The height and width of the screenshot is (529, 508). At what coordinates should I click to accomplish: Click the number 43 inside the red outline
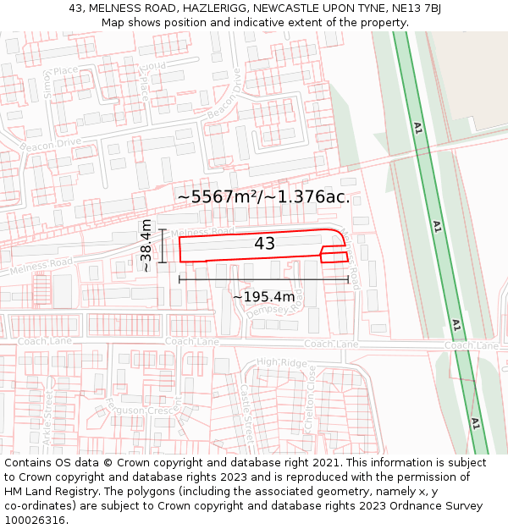click(x=264, y=244)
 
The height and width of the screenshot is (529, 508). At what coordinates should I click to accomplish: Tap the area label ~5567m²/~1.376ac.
click(x=263, y=197)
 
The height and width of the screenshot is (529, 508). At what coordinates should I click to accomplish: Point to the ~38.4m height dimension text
click(x=146, y=245)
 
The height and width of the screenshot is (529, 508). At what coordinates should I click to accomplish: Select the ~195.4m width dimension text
click(x=263, y=296)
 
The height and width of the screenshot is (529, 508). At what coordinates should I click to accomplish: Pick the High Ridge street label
click(x=281, y=362)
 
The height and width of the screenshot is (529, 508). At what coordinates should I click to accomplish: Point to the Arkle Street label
click(x=47, y=423)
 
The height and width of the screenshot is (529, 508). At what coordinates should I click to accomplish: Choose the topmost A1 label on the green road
click(x=417, y=128)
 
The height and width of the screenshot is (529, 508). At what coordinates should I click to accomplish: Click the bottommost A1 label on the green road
click(x=475, y=423)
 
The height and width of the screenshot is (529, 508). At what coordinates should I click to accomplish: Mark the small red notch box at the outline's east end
click(x=334, y=256)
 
